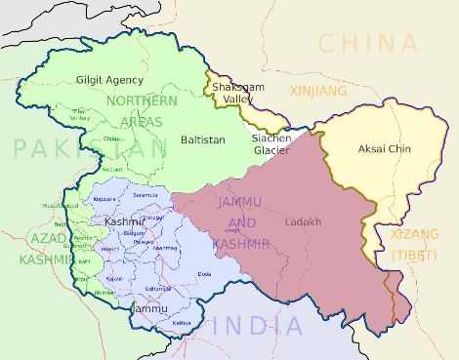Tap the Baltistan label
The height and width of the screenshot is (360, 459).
[x=203, y=140]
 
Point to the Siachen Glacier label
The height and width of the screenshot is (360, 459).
[x=272, y=144]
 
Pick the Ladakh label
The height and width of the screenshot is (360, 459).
[x=303, y=222]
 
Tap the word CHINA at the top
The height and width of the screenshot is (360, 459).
[x=368, y=43]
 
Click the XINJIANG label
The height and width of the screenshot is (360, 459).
[x=317, y=91]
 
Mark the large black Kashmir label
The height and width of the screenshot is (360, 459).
[x=126, y=223]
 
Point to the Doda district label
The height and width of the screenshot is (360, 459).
[x=204, y=274]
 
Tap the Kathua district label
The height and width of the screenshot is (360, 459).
[x=183, y=321]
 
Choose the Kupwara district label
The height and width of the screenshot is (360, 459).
[x=104, y=198]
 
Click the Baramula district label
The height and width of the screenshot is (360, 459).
[x=144, y=195]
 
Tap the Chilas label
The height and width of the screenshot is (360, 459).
[x=111, y=139]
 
